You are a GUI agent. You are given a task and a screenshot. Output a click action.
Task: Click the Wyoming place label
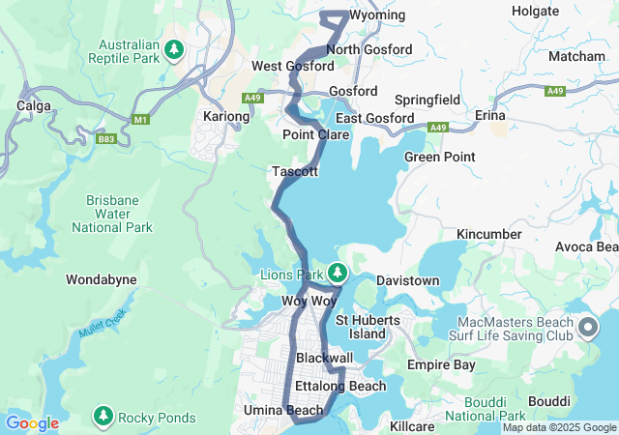pos(376,16)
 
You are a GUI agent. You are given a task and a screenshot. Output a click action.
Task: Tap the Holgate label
pos(535,12)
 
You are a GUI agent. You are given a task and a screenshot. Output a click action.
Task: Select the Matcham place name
pos(576,57)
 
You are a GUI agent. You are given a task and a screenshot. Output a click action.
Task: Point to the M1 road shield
pos(141,119)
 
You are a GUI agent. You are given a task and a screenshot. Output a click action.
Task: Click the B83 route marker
pos(105,139)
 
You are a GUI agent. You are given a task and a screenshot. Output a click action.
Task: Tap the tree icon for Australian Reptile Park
pos(174,48)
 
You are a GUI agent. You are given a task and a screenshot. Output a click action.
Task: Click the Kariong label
pos(227,116)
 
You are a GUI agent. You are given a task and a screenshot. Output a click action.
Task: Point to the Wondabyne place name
pos(101,279)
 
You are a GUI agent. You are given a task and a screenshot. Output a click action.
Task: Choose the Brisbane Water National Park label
pos(112,214)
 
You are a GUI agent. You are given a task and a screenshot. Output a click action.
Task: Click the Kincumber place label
pos(489,234)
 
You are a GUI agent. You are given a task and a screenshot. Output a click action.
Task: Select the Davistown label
pos(407,281)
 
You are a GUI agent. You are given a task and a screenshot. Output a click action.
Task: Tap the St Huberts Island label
pos(360,327)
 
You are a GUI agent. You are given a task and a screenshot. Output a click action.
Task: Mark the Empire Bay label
pos(441,365)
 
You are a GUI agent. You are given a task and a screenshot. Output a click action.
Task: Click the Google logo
pos(32,423)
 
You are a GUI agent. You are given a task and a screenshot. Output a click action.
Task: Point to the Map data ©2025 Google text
pos(558,427)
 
